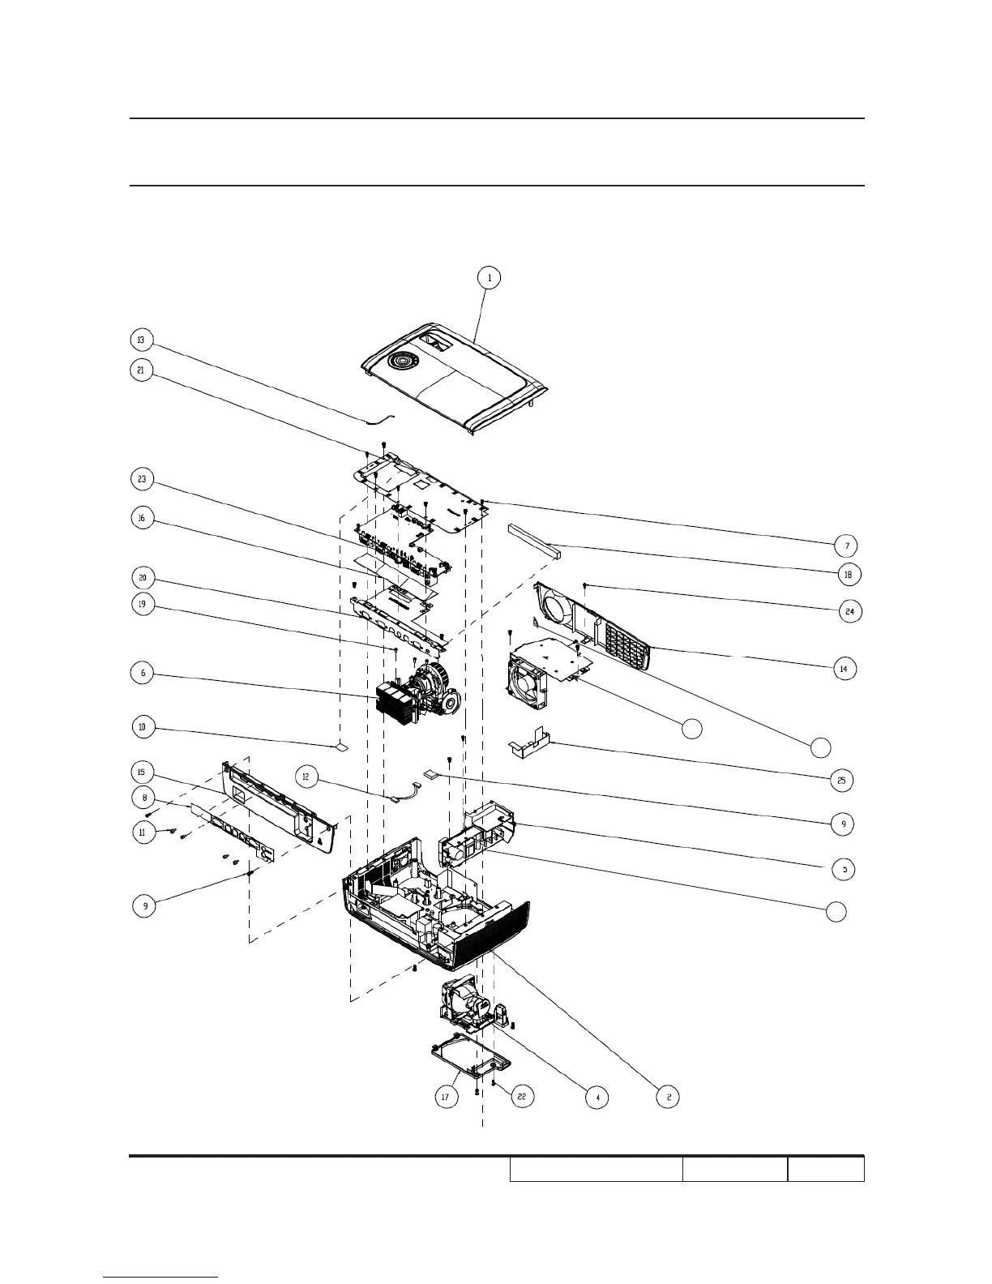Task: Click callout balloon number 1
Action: [x=489, y=278]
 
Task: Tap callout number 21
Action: [x=142, y=370]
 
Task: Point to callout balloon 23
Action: [x=142, y=480]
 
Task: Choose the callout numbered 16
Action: [x=142, y=519]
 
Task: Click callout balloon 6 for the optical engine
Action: [x=143, y=673]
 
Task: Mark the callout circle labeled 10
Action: [x=142, y=727]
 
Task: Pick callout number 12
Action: [x=306, y=777]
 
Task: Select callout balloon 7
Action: [x=847, y=546]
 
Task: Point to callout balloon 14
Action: [x=844, y=669]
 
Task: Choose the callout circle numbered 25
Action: [x=841, y=781]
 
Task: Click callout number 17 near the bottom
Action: [x=445, y=1098]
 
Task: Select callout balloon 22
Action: [x=522, y=1097]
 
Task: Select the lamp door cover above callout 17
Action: [x=470, y=1060]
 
